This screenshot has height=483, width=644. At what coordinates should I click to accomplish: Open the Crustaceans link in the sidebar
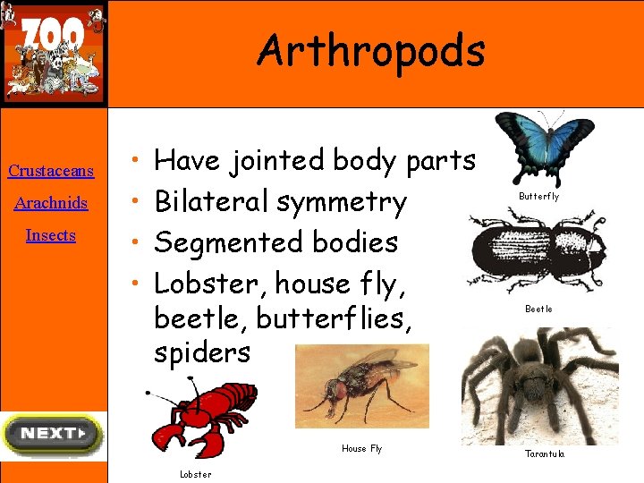click(51, 171)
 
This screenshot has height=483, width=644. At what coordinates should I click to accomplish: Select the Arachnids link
click(51, 203)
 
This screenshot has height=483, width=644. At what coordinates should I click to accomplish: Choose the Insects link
click(51, 235)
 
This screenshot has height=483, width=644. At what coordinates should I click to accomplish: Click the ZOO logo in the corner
click(54, 53)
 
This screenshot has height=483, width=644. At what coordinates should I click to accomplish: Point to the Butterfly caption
click(539, 197)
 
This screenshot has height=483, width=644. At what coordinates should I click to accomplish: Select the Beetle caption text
click(538, 309)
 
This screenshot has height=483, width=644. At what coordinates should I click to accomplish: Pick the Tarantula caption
click(544, 454)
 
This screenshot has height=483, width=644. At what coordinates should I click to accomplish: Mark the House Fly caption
click(361, 449)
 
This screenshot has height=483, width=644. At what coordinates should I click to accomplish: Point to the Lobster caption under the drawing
click(196, 475)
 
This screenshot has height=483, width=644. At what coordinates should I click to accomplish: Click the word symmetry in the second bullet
click(342, 202)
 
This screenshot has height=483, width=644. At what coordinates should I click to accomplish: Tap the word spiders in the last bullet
click(202, 352)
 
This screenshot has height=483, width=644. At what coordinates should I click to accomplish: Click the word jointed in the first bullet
click(277, 161)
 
